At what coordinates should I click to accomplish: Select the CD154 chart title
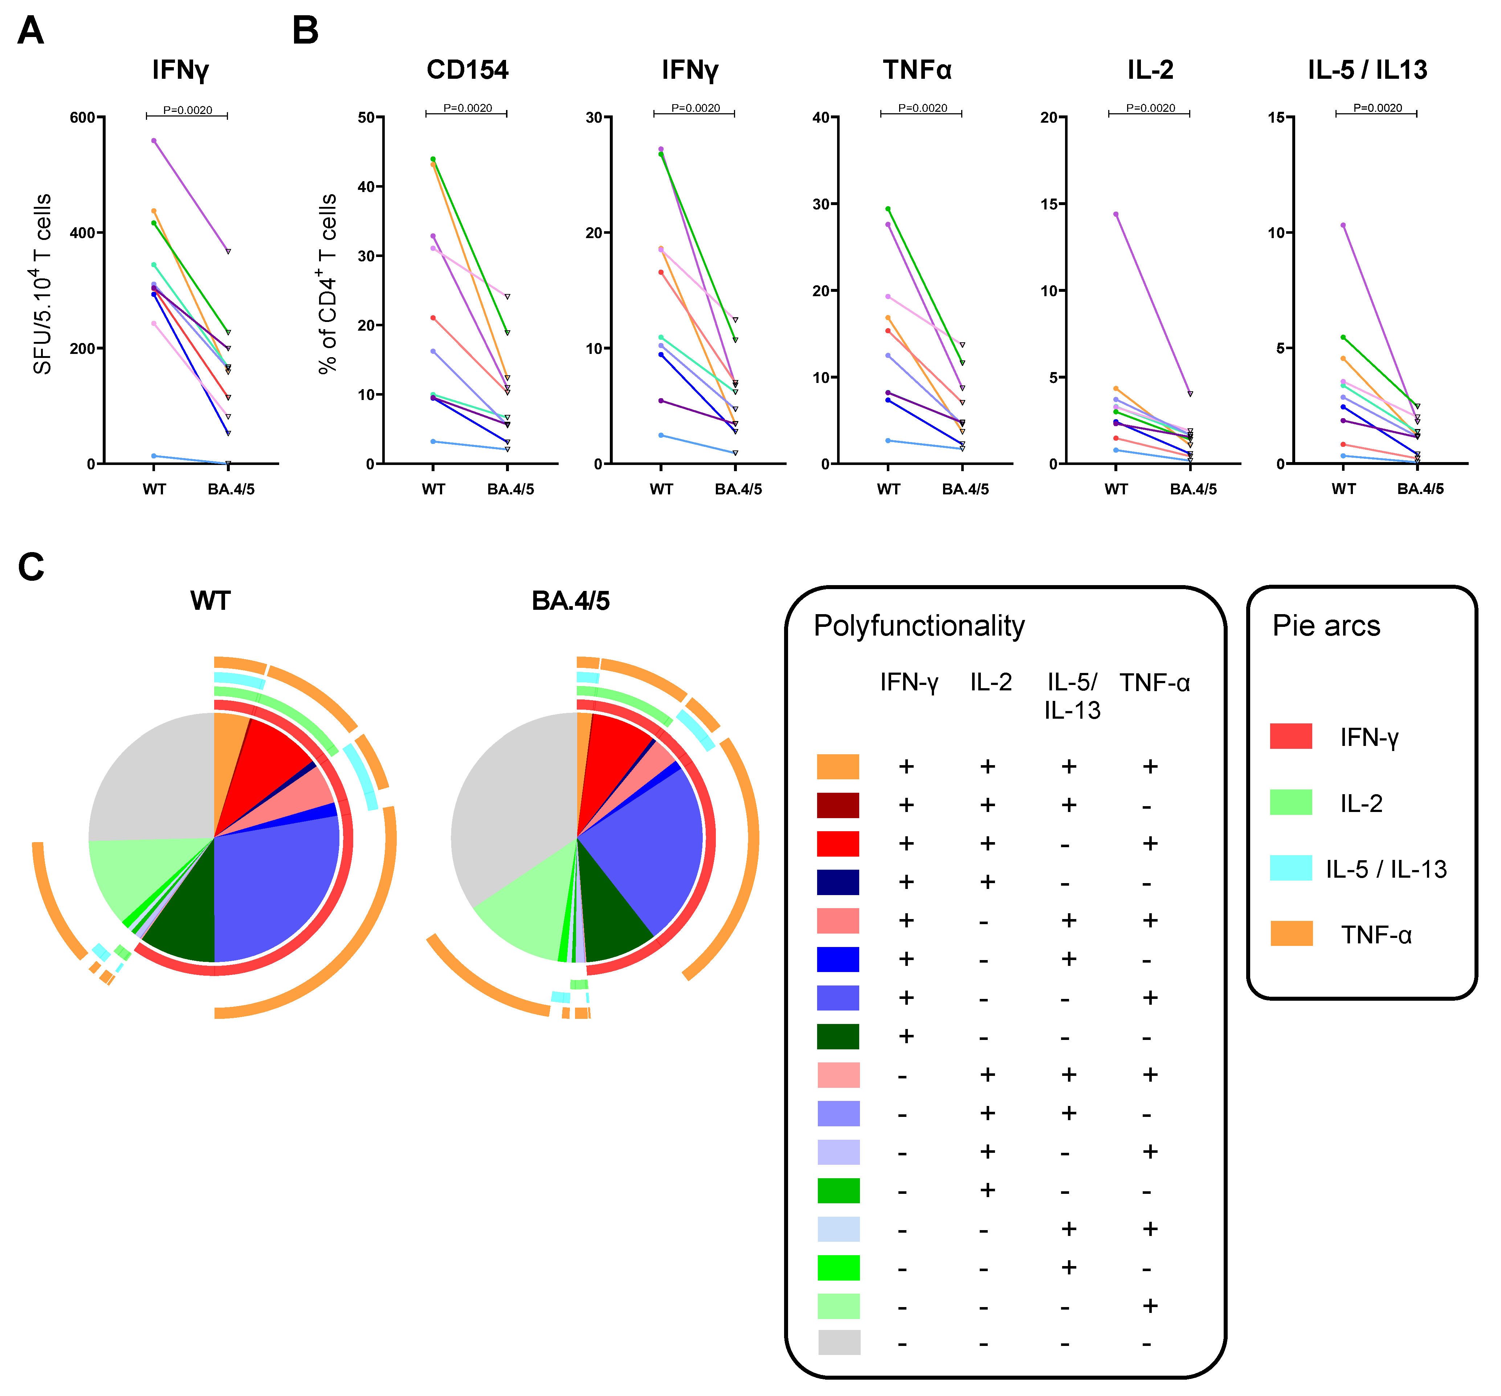(468, 70)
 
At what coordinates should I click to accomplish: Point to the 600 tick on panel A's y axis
(82, 118)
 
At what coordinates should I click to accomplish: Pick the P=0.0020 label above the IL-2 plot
(1150, 108)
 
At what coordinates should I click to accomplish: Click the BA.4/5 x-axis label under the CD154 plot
(510, 489)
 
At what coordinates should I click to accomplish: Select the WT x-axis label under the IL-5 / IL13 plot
(1343, 489)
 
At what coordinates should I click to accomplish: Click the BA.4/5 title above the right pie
(570, 601)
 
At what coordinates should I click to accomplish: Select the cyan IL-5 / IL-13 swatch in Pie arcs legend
(1290, 868)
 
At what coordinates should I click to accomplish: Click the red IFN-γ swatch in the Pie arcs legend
(1290, 736)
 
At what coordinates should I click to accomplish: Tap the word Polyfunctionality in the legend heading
(919, 626)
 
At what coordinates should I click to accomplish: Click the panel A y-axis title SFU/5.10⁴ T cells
(42, 284)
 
